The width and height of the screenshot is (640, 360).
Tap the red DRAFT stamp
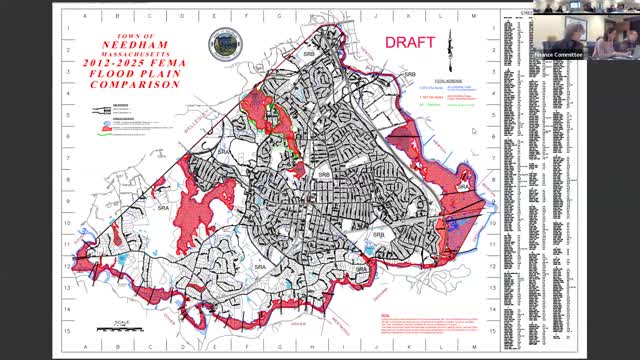[410, 43]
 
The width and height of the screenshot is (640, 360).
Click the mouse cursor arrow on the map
[474, 131]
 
